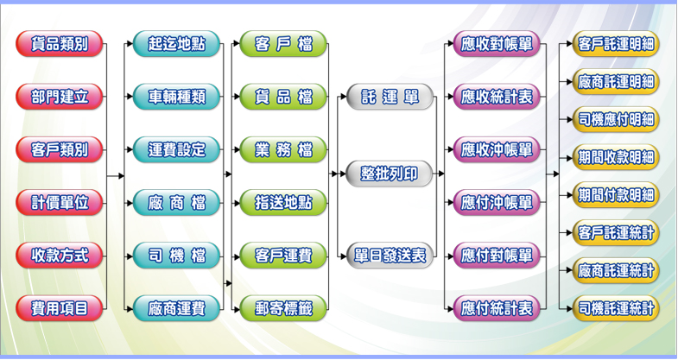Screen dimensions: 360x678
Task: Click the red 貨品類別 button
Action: [x=60, y=44]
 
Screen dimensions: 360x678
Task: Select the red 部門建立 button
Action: [x=60, y=97]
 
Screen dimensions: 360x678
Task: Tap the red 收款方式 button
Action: [x=60, y=255]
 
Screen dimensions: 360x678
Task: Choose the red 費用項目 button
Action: [x=60, y=306]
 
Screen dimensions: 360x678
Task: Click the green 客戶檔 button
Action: [x=284, y=44]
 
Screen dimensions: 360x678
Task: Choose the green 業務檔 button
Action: [x=284, y=149]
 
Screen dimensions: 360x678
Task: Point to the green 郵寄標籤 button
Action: [x=284, y=306]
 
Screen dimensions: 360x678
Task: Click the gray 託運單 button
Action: [x=390, y=97]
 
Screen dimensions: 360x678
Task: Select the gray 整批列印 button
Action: [x=390, y=175]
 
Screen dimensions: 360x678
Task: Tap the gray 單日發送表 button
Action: [x=390, y=255]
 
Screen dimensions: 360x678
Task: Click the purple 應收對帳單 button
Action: [x=497, y=44]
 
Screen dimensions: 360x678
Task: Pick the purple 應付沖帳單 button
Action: [x=497, y=202]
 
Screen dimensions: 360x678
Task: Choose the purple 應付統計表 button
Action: [x=497, y=306]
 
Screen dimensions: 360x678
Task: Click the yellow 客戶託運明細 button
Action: [x=616, y=44]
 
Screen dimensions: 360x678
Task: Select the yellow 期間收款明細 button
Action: [x=616, y=157]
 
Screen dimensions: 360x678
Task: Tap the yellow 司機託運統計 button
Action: [x=616, y=306]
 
